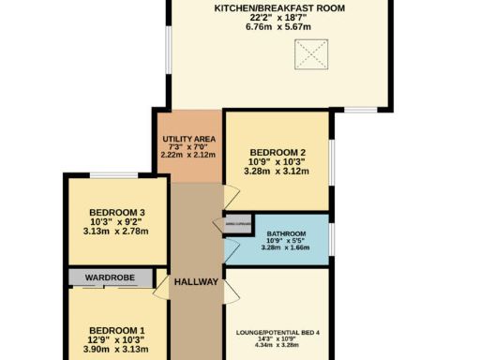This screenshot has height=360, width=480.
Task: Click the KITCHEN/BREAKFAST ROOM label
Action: pyautogui.click(x=278, y=7)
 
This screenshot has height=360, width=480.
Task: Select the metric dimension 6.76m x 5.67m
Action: pyautogui.click(x=278, y=27)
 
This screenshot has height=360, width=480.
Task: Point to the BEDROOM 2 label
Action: pyautogui.click(x=277, y=152)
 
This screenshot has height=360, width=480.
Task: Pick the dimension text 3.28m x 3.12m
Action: pyautogui.click(x=277, y=172)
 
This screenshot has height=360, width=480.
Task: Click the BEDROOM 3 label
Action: pyautogui.click(x=116, y=212)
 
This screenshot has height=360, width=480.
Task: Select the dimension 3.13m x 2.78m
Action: pyautogui.click(x=116, y=231)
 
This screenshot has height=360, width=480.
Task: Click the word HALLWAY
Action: pyautogui.click(x=196, y=282)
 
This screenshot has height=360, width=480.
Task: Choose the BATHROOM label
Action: pyautogui.click(x=285, y=233)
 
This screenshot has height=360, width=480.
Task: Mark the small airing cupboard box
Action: pyautogui.click(x=236, y=223)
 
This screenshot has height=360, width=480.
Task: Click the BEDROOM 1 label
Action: pyautogui.click(x=116, y=330)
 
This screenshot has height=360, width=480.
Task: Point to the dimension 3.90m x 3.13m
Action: pyautogui.click(x=116, y=349)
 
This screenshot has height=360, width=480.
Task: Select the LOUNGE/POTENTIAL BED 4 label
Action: pyautogui.click(x=278, y=333)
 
